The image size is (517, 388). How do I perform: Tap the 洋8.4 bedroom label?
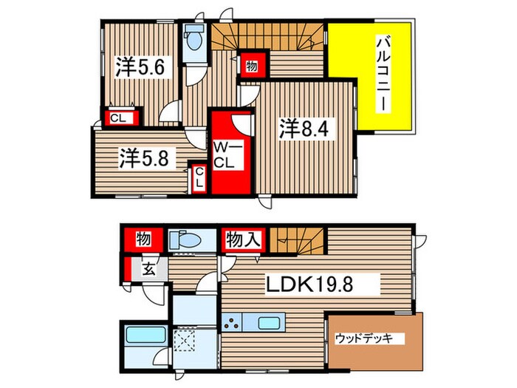pos(304,129)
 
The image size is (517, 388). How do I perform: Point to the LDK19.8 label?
pos(309,284)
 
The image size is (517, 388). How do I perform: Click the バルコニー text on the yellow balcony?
pos(383,75)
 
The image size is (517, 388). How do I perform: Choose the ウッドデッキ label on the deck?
pos(364,338)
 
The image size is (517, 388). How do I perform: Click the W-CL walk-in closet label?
pos(227,155)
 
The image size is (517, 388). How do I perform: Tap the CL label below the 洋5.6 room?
pos(118,118)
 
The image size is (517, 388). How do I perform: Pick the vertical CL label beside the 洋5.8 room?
pos(199,178)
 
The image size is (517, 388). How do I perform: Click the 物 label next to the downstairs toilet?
pos(143,239)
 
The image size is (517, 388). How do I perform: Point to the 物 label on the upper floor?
pos(252,67)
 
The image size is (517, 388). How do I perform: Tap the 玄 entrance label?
pos(148,269)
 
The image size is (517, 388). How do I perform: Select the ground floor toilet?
pos(185,240)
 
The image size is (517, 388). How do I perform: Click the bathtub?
pos(145,335)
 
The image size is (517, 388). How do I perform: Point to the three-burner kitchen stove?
pos(232,323)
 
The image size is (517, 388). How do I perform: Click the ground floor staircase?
pos(298,240)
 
